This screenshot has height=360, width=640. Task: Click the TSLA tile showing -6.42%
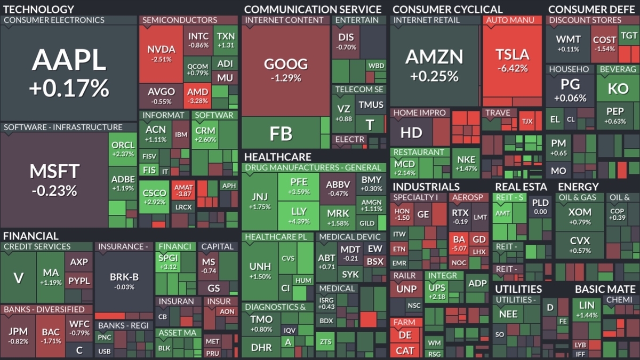click(513, 61)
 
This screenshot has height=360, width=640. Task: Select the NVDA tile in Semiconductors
click(161, 54)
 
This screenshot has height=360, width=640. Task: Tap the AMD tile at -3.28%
click(197, 95)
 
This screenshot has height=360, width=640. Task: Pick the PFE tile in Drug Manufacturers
click(299, 187)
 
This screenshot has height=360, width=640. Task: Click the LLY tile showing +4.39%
click(299, 215)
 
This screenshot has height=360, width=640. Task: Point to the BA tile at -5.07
click(459, 243)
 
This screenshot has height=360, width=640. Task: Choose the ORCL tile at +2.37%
click(123, 149)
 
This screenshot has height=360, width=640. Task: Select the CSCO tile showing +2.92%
click(154, 197)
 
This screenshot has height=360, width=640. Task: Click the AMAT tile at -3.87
click(183, 190)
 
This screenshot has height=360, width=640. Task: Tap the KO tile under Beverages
click(618, 88)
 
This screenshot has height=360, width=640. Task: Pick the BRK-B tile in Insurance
click(124, 282)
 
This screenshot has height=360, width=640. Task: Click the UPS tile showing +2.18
click(437, 291)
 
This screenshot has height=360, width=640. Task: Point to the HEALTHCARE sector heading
click(278, 157)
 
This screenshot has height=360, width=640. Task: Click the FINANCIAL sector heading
click(31, 236)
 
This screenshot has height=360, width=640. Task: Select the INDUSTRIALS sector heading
click(426, 187)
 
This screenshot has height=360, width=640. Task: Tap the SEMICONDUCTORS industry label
click(180, 20)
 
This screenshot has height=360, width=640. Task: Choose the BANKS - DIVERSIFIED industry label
click(44, 309)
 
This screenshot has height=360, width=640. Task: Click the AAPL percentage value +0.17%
click(69, 88)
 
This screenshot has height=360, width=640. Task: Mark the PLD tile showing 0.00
click(540, 206)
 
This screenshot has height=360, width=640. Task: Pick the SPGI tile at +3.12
click(168, 262)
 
